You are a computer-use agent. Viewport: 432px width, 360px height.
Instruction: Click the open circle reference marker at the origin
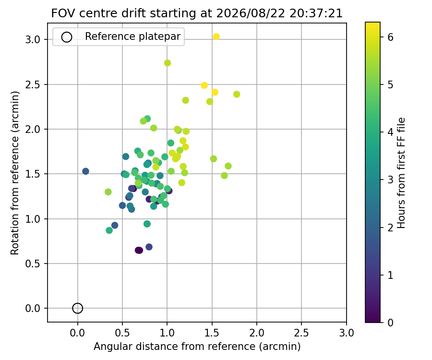(x=77, y=308)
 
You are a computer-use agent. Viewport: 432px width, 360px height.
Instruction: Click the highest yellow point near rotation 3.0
(x=216, y=36)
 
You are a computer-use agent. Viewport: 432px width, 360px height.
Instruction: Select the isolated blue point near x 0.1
(x=86, y=171)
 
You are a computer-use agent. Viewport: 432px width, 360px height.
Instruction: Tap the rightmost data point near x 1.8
(x=237, y=94)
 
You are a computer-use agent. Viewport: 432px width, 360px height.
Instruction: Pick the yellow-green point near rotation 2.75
(x=167, y=63)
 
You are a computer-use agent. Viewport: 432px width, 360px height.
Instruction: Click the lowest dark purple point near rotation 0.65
(x=139, y=251)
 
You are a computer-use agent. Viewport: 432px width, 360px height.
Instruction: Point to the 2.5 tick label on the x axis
(x=301, y=333)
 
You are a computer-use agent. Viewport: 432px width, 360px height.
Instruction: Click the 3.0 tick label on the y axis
(x=33, y=40)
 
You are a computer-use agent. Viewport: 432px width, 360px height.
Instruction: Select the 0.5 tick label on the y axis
(x=33, y=264)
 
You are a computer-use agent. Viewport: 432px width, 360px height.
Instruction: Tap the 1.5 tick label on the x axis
(x=212, y=333)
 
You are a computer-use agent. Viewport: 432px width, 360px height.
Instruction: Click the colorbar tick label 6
(x=390, y=37)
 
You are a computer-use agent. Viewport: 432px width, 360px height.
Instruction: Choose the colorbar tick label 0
(x=390, y=323)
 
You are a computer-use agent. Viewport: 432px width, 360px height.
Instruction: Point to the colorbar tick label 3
(x=390, y=180)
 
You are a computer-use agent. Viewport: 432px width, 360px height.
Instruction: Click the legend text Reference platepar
(x=133, y=36)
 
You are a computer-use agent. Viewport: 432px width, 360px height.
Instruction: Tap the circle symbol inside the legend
(x=67, y=37)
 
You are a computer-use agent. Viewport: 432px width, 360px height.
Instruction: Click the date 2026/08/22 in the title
(x=251, y=13)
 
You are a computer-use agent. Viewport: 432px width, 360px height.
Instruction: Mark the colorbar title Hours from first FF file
(x=401, y=173)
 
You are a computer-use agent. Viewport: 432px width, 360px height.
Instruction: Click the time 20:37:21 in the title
(x=316, y=13)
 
